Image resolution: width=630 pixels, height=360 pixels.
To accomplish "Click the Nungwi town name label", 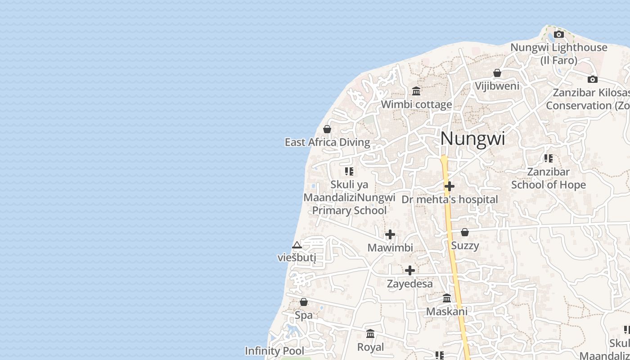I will point(472,138).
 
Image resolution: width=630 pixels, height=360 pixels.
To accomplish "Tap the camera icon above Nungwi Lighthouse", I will point(558,34).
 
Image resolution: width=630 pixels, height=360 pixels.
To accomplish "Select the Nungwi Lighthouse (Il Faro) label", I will point(558,54).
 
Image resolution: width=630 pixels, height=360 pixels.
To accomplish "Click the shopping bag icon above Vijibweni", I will point(497,73).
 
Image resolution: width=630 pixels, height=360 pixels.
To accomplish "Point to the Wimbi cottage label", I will point(416,104).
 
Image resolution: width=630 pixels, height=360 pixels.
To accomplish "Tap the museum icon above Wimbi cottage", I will point(416,91).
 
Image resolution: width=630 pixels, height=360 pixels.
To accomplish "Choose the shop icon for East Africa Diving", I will point(327,129).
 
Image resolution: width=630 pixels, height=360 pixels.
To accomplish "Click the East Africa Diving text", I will point(327,143).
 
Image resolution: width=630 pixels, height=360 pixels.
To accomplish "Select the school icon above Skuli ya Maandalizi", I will point(349,171).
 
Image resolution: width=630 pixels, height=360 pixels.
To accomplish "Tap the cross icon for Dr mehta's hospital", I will point(449,186).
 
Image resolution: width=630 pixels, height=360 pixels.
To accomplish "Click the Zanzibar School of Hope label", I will point(548,178).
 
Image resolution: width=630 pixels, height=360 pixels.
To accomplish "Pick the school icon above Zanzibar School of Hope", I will point(548,158).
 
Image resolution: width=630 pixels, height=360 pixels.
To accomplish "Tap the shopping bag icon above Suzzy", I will point(465,232).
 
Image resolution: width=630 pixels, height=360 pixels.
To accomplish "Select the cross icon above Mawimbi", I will point(390,234).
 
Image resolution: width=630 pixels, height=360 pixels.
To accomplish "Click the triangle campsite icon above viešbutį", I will point(297,245).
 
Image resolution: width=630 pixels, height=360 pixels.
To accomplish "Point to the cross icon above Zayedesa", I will point(410,270).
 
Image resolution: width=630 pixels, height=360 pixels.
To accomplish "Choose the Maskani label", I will point(446,311).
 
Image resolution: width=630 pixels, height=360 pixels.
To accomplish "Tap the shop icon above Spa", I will point(304,302).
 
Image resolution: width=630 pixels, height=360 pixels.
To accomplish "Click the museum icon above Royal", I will point(370,333).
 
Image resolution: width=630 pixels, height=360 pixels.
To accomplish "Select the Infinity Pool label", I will point(274,351).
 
